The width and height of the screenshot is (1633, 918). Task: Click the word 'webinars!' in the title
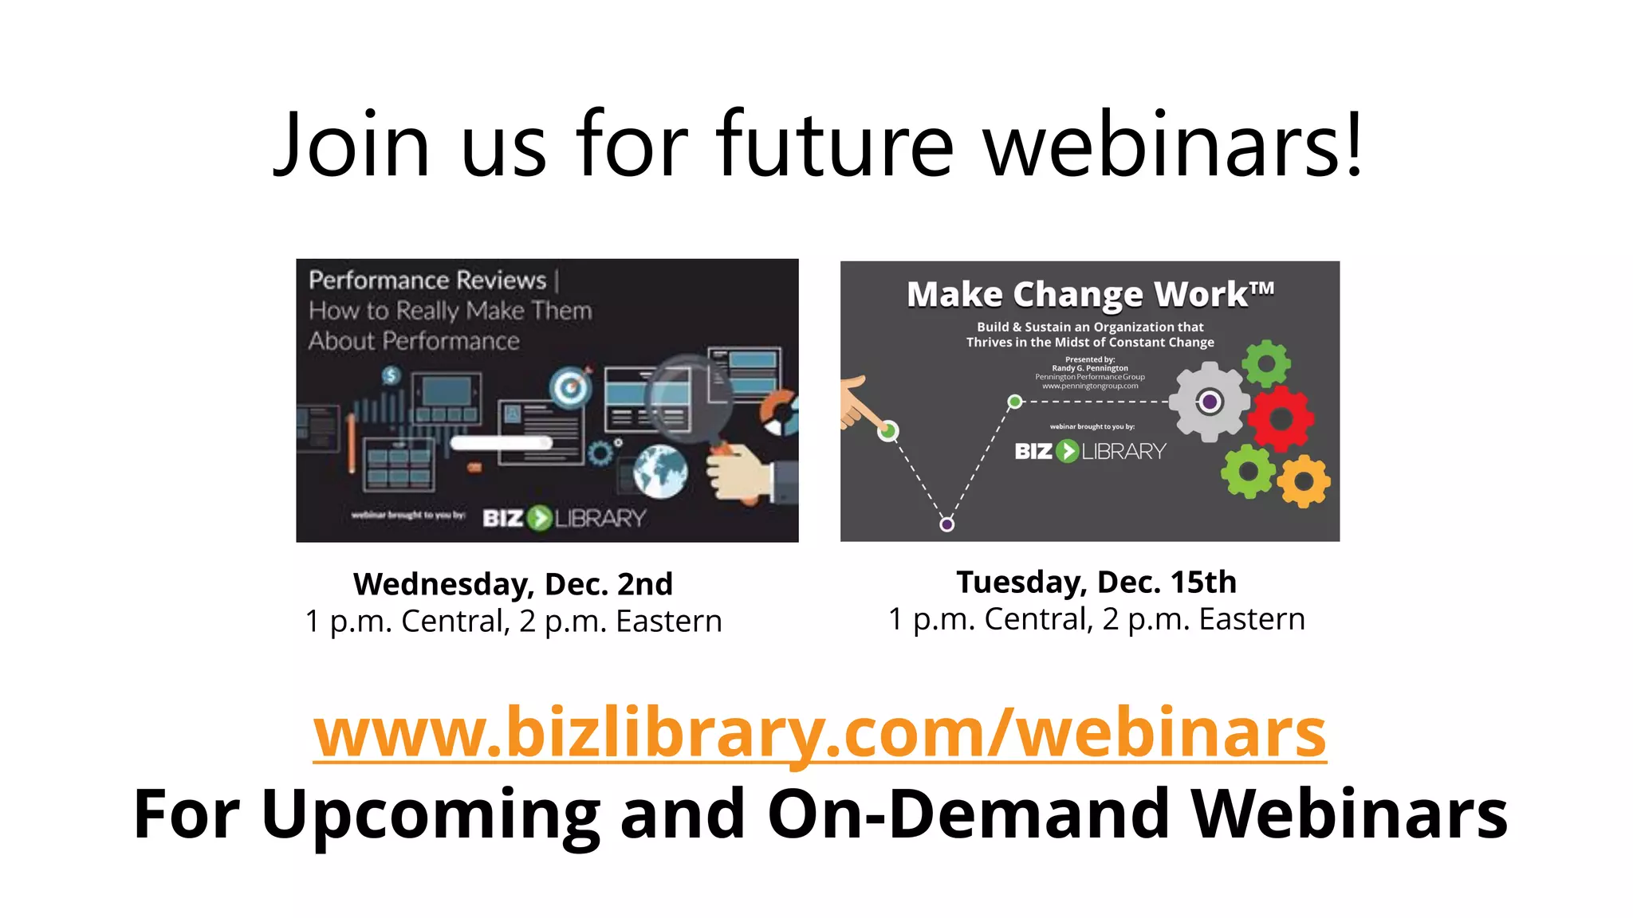coord(1173,145)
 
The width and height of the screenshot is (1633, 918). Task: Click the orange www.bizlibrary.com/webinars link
coord(820,732)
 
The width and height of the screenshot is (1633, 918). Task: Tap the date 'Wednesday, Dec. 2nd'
coord(513,584)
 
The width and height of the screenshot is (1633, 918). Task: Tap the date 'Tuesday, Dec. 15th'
coord(1096,582)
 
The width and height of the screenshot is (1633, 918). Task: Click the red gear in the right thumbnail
coord(1281,418)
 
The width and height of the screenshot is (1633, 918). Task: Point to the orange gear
coord(1304,481)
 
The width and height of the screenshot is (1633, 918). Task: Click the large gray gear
coord(1210,402)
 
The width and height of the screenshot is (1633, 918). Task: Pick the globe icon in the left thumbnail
coord(660,471)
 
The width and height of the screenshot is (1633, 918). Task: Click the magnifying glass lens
coord(687,398)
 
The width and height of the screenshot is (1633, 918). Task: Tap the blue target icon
coord(570,388)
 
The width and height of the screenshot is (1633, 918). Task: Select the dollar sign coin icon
coord(391,375)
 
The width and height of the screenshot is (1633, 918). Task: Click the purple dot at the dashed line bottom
coord(946,524)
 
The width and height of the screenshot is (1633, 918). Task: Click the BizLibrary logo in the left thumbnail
coord(564,518)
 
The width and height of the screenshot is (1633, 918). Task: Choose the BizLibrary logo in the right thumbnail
coord(1090,451)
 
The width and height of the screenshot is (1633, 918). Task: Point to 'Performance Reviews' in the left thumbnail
coord(427,280)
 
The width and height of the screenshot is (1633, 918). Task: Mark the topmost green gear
coord(1266,364)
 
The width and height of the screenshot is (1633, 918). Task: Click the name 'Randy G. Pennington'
coord(1090,368)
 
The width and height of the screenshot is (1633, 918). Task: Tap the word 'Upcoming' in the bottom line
coord(431,814)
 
